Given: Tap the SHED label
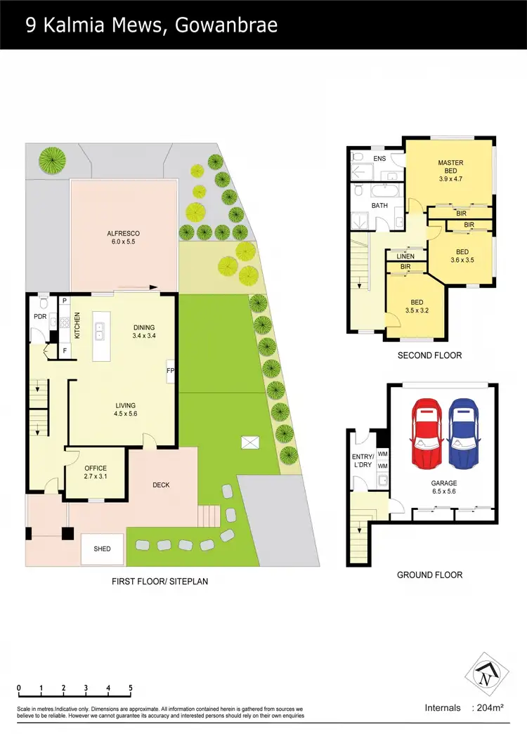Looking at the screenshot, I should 103,549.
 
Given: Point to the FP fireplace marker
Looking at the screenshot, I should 170,370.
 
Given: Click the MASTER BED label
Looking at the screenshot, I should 450,167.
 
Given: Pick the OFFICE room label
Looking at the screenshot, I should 95,468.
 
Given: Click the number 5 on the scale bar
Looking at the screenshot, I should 131,688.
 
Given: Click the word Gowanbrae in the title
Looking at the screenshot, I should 227,26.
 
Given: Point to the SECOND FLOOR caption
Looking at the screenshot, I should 429,355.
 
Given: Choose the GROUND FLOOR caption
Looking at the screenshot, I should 429,575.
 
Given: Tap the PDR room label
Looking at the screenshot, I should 39,317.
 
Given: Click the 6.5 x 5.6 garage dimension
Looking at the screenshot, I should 444,492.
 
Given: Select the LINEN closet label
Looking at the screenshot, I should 405,256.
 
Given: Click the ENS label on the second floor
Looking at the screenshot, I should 379,159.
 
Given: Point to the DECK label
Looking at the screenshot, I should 161,485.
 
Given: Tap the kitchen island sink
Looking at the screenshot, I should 100,331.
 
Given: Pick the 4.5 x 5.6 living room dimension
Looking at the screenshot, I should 126,414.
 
